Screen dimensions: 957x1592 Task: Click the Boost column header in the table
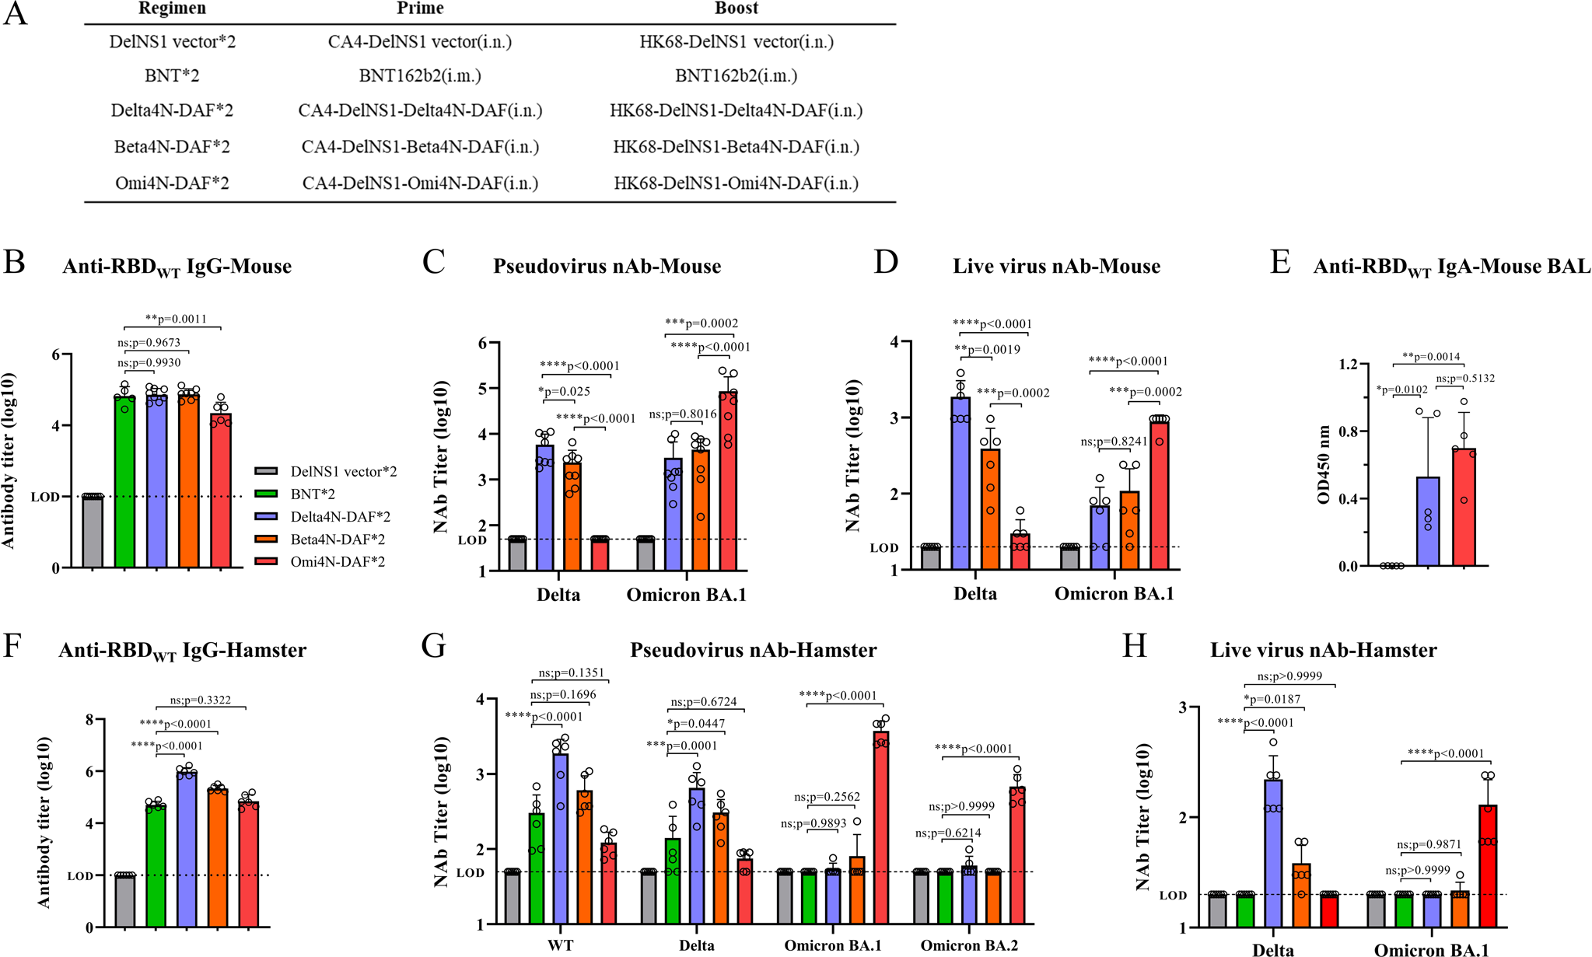click(736, 9)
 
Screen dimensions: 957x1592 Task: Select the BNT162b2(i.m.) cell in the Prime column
click(420, 75)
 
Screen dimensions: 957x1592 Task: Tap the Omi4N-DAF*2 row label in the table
click(172, 183)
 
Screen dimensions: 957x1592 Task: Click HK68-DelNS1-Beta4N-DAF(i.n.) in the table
click(736, 147)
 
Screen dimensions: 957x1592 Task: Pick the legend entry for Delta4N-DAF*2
click(340, 516)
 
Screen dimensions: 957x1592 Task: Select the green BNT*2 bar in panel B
click(124, 482)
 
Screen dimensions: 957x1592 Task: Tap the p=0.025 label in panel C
click(564, 392)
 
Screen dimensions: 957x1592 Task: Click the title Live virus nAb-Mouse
click(1056, 267)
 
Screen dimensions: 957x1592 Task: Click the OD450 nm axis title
click(1324, 465)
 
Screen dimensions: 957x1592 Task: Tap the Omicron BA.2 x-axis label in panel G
click(968, 945)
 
